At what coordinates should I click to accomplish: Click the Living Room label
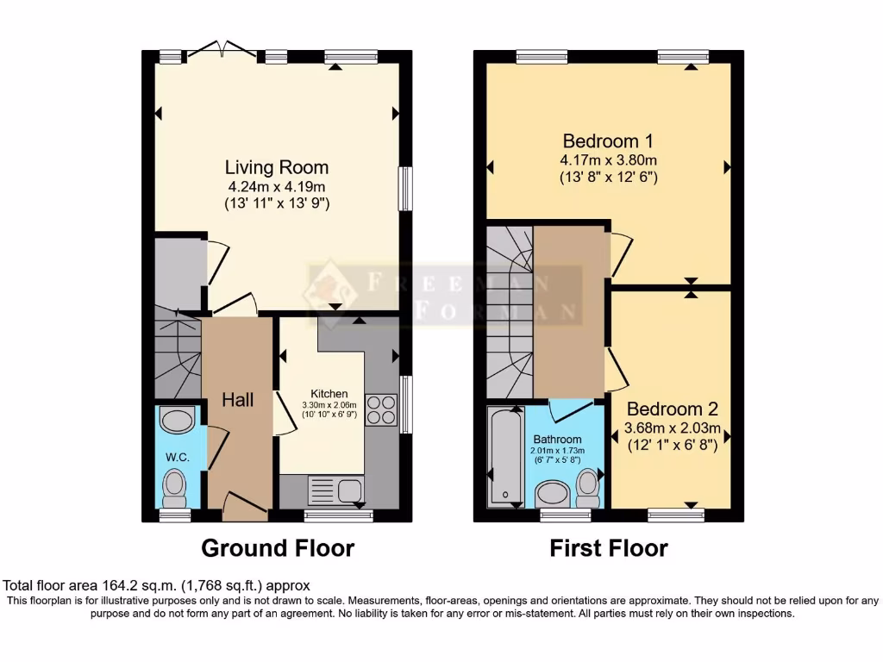277,167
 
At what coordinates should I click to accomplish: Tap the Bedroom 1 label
608,141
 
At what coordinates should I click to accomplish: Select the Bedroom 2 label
673,409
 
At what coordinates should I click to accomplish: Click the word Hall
238,400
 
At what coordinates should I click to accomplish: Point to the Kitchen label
329,393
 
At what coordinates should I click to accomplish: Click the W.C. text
178,457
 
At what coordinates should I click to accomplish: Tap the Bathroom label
558,439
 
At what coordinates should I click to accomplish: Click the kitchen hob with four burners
382,409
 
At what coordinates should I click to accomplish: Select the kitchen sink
335,490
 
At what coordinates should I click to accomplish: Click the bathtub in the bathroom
506,456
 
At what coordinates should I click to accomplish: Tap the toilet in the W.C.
174,490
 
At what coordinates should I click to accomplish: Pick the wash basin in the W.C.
178,420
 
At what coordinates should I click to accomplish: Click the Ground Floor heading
278,547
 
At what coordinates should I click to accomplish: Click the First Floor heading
609,547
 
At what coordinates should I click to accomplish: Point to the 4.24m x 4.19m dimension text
277,186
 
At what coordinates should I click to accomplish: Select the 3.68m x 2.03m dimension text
673,428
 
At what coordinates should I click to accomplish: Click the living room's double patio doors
223,48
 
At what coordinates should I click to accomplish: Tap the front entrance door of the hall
245,504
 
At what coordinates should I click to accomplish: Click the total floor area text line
157,585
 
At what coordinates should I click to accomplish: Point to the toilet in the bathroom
588,489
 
